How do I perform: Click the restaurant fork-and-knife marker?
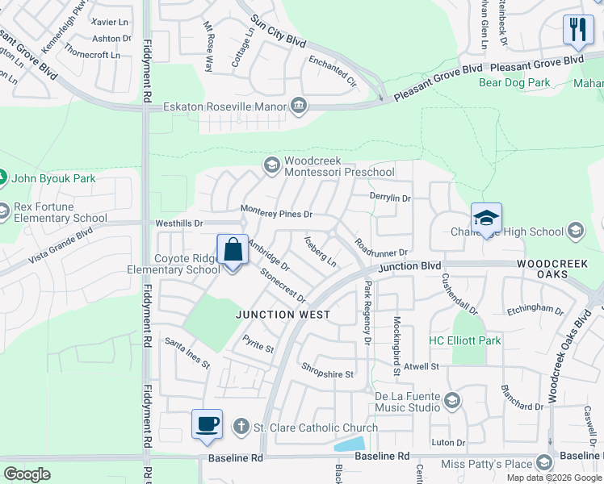click(x=578, y=31)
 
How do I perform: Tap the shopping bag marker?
click(x=233, y=251)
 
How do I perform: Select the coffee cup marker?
click(x=208, y=424)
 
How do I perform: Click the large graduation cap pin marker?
click(x=486, y=218)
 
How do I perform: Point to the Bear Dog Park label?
click(x=514, y=82)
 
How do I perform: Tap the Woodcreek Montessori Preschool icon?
click(x=271, y=165)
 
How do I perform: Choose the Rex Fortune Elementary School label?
click(x=61, y=212)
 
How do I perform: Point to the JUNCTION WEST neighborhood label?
click(x=283, y=315)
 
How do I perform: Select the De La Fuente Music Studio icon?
click(x=452, y=401)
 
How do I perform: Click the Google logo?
click(x=27, y=474)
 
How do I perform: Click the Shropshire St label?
click(x=327, y=374)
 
